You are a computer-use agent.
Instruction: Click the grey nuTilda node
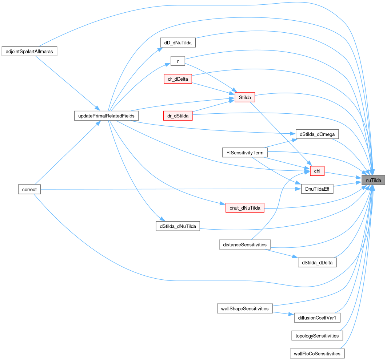(x=373, y=180)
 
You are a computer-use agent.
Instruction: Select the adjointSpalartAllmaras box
(x=29, y=51)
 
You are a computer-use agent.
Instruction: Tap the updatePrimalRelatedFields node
(x=106, y=116)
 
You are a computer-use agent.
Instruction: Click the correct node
(x=29, y=189)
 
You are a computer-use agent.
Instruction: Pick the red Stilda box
(x=245, y=97)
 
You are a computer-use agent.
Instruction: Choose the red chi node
(x=317, y=171)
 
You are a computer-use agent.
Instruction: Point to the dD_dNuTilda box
(x=178, y=43)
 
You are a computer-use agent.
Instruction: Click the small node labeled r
(x=178, y=61)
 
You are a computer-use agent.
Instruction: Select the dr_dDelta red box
(x=178, y=79)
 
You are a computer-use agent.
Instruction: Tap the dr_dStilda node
(x=178, y=116)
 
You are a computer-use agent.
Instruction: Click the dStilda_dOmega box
(x=317, y=134)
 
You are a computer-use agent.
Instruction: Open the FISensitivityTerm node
(x=245, y=153)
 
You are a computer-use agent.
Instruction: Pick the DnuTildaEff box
(x=317, y=189)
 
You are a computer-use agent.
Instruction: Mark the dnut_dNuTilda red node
(x=245, y=208)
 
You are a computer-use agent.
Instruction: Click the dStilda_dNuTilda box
(x=178, y=226)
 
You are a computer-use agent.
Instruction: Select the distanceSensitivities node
(x=245, y=244)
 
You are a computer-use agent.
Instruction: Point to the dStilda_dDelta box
(x=317, y=263)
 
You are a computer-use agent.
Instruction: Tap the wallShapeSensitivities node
(x=245, y=308)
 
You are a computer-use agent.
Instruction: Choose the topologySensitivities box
(x=317, y=336)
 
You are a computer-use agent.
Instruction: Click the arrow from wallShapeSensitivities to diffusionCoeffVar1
(x=283, y=314)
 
